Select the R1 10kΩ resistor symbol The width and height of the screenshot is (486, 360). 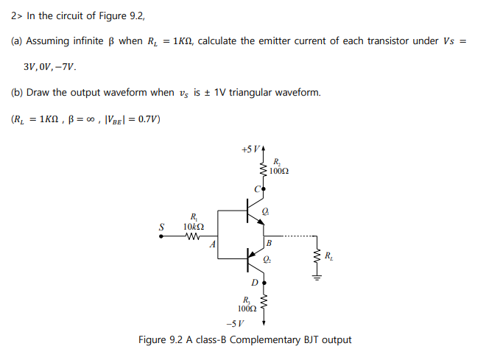pyautogui.click(x=193, y=236)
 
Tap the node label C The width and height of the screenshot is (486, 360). pyautogui.click(x=256, y=188)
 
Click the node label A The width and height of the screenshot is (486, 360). pyautogui.click(x=213, y=245)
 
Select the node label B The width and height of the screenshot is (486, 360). pyautogui.click(x=270, y=242)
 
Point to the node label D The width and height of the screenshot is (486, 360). pyautogui.click(x=255, y=282)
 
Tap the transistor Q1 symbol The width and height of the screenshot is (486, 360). pyautogui.click(x=253, y=214)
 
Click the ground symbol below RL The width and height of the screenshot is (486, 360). pyautogui.click(x=318, y=278)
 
